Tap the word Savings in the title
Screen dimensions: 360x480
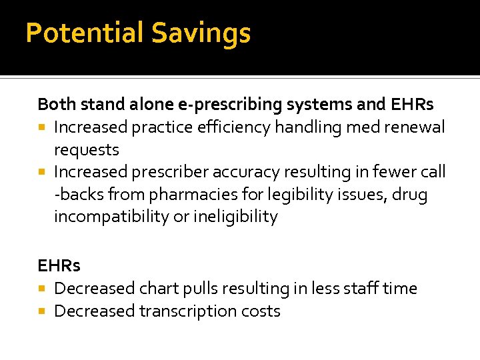[x=201, y=33]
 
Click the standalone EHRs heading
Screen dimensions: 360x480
[x=59, y=265]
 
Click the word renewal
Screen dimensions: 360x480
[x=415, y=127]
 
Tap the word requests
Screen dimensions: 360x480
[x=87, y=149]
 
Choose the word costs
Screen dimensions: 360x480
[x=263, y=311]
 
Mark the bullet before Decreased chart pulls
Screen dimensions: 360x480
[x=42, y=289]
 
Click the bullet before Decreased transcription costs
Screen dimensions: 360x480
[x=42, y=311]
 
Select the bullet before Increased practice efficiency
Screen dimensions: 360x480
[x=42, y=127]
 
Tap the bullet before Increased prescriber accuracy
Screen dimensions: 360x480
[x=42, y=173]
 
